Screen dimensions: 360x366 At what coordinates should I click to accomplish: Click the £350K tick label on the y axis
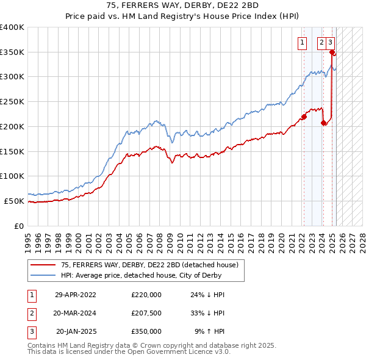pyautogui.click(x=12, y=52)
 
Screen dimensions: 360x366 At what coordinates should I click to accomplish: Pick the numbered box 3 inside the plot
pyautogui.click(x=330, y=42)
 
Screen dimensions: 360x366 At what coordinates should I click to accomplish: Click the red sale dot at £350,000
pyautogui.click(x=332, y=52)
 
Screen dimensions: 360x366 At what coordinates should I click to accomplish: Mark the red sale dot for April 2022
pyautogui.click(x=303, y=117)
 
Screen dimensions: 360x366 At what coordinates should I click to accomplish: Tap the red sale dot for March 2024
pyautogui.click(x=323, y=123)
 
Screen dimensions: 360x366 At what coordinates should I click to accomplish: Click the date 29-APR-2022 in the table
pyautogui.click(x=76, y=295)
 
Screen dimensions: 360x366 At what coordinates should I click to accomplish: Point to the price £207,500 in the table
pyautogui.click(x=146, y=313)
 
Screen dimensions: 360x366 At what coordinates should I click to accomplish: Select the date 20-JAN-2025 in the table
pyautogui.click(x=76, y=331)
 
